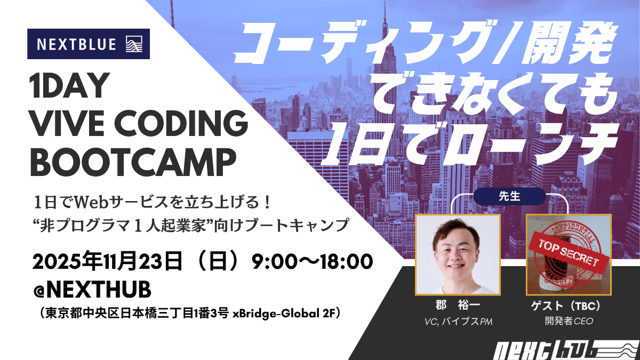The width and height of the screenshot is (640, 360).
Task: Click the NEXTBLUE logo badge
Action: tap(88, 44)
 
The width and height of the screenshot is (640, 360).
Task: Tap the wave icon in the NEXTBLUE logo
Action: tap(134, 44)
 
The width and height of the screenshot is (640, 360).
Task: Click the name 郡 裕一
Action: tap(457, 307)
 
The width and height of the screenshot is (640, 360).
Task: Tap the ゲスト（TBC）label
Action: tap(568, 307)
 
